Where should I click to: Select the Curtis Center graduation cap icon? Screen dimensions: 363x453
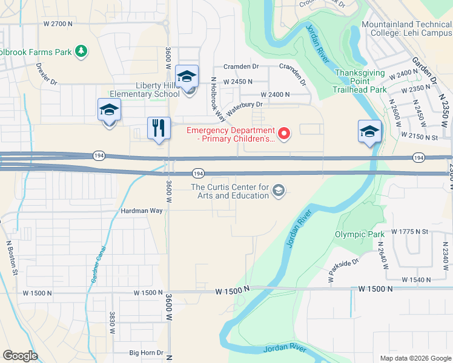278,191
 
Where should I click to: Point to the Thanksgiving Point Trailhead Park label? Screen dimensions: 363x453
360,81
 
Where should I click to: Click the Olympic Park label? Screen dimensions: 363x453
359,234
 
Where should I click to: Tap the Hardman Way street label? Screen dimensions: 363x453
142,211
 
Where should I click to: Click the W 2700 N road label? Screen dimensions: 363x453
58,24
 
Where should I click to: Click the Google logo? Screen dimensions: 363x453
20,356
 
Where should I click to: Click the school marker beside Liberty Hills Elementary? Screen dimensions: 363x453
187,77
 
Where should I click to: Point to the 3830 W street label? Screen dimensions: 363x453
112,322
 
